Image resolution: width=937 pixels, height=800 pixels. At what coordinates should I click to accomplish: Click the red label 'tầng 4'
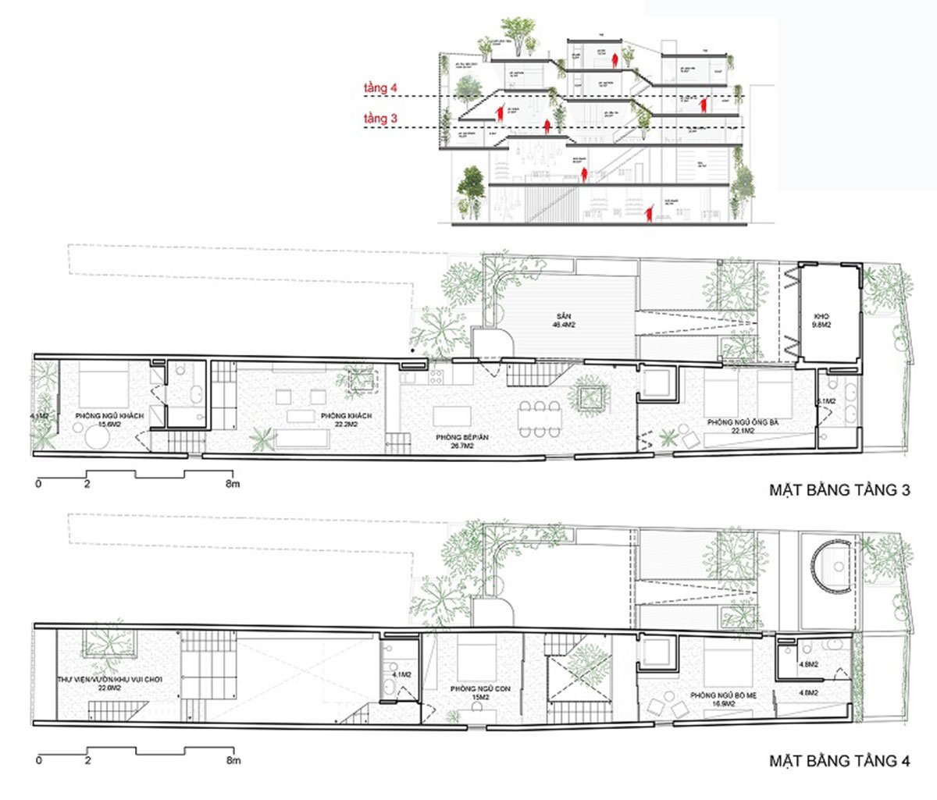pyautogui.click(x=381, y=89)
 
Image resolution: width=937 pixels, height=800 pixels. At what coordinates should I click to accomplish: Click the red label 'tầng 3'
pyautogui.click(x=381, y=119)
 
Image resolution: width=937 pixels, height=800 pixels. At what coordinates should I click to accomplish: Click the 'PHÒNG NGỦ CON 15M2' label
pyautogui.click(x=476, y=694)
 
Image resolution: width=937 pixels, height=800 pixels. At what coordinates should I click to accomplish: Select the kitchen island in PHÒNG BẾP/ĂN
pyautogui.click(x=454, y=414)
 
